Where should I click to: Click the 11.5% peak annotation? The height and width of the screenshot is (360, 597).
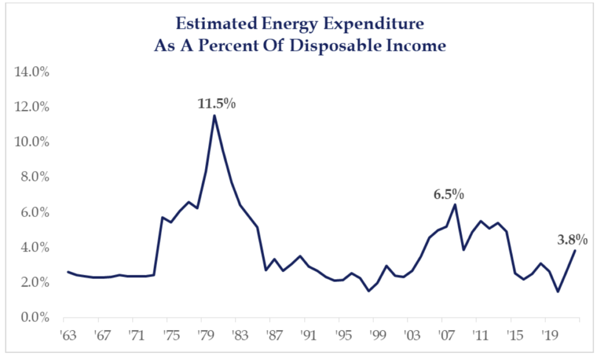(x=216, y=104)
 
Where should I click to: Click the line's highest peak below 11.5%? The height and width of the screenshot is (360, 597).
(x=215, y=116)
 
